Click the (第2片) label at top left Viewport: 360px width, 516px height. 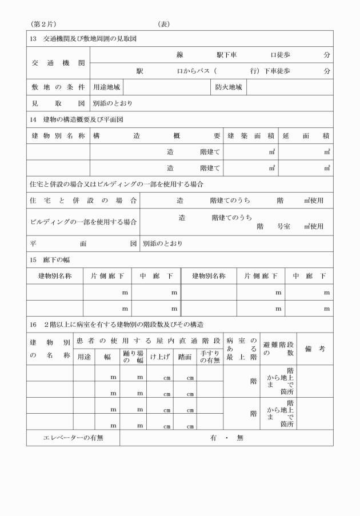click(x=43, y=24)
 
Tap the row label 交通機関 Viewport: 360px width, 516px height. click(x=58, y=63)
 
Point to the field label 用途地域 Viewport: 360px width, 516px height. click(x=106, y=87)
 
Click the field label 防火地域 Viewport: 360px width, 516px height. click(x=229, y=87)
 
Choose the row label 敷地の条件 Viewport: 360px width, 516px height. click(x=58, y=87)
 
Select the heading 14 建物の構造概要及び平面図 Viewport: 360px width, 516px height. click(x=76, y=120)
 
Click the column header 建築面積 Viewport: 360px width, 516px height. click(x=251, y=136)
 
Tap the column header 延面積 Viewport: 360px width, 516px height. click(x=306, y=136)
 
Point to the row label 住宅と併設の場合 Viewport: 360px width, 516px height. click(x=83, y=201)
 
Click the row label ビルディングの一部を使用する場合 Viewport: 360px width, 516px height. click(x=83, y=222)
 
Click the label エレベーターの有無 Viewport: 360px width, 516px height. click(x=73, y=438)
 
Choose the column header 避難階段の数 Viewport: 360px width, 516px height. click(x=278, y=349)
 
